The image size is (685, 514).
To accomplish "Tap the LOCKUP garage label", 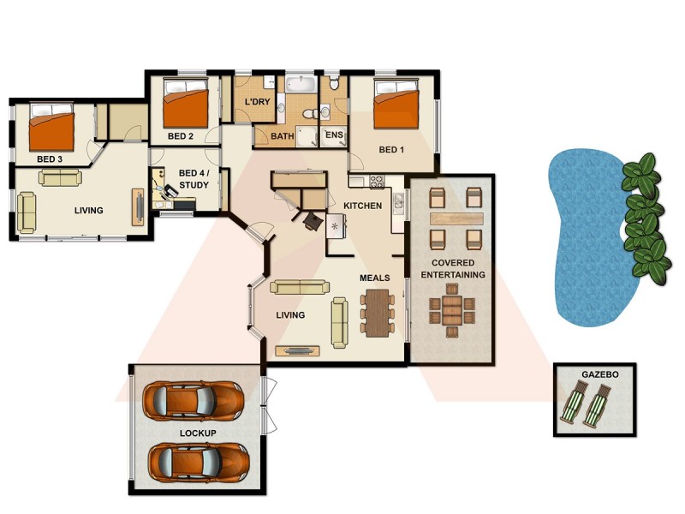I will [x=198, y=433].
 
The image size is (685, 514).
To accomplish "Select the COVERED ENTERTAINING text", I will [x=453, y=268].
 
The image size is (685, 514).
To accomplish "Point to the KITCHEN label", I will [x=362, y=206].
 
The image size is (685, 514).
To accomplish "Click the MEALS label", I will [x=375, y=278].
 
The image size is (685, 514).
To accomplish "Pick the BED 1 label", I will [x=391, y=150].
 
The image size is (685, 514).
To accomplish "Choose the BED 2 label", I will [x=181, y=135].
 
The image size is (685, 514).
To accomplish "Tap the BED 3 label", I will [x=50, y=158].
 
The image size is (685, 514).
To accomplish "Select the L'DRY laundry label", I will [x=257, y=103].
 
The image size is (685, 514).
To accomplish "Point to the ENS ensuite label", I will [x=333, y=135].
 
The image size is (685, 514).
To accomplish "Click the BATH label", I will [x=283, y=135].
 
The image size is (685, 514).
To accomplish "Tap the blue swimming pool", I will [x=591, y=240].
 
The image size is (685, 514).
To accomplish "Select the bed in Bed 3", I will [x=51, y=126].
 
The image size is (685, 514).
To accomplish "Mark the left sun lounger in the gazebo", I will [x=575, y=403].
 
